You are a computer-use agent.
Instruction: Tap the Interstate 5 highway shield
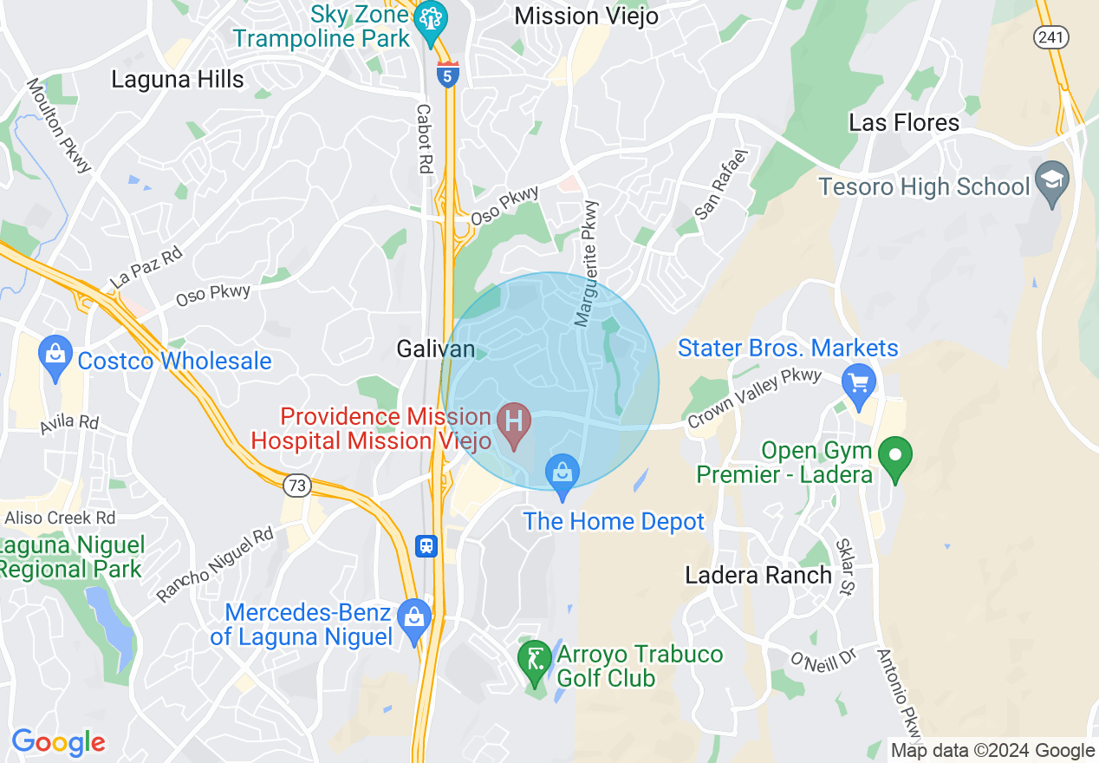tap(448, 74)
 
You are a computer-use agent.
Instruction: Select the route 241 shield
tap(1051, 36)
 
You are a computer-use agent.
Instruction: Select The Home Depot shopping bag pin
tap(563, 475)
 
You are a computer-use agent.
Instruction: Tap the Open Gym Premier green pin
tap(895, 454)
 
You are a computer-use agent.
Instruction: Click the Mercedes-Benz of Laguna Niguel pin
tap(414, 617)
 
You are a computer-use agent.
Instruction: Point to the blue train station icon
tap(427, 545)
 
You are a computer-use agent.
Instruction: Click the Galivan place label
tap(436, 349)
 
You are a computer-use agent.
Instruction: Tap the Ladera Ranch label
tap(758, 575)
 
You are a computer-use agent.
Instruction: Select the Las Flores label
tap(904, 122)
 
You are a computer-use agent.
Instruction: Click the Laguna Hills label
tap(178, 79)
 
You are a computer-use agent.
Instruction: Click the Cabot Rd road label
tap(424, 139)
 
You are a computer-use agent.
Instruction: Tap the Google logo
tap(58, 742)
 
